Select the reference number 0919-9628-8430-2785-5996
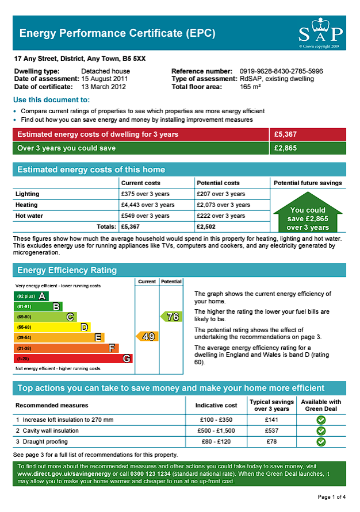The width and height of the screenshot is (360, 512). click(x=281, y=71)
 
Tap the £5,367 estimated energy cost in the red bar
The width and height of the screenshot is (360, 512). click(x=286, y=134)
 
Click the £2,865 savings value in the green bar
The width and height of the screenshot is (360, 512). click(x=286, y=148)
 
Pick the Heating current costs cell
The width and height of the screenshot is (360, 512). click(x=148, y=205)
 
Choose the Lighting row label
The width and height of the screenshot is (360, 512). click(x=28, y=194)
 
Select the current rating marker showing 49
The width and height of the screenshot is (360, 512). click(x=147, y=336)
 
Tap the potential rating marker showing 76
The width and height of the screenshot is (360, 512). click(x=171, y=316)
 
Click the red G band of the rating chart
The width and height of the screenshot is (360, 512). click(x=73, y=359)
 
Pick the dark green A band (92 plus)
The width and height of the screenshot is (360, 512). click(x=31, y=296)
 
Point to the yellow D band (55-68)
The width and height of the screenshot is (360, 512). click(x=52, y=327)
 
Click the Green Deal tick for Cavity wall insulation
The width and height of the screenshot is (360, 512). click(x=321, y=430)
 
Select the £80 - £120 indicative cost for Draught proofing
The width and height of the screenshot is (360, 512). click(x=216, y=441)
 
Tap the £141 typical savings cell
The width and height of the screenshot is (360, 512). click(x=271, y=419)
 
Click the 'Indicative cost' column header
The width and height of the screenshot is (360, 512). click(x=216, y=405)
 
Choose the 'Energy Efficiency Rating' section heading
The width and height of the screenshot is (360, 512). click(x=67, y=270)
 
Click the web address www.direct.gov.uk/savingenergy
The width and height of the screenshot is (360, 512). click(x=58, y=474)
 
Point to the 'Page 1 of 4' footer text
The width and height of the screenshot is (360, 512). click(x=331, y=496)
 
